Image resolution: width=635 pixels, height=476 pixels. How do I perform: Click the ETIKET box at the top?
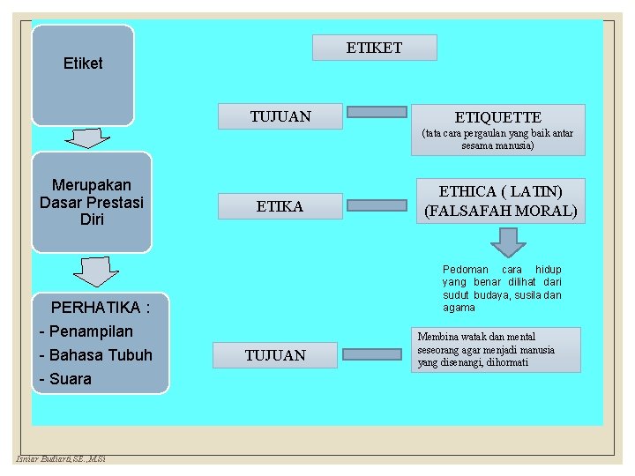click(374, 48)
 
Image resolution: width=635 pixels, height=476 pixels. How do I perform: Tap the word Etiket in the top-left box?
click(83, 63)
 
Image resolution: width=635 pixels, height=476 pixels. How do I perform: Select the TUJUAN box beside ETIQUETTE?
click(280, 115)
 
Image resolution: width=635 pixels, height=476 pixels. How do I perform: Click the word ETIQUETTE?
click(497, 117)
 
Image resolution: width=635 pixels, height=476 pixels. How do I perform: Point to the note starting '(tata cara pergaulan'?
click(497, 139)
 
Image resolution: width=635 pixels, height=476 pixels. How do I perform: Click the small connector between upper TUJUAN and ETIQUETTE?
click(376, 112)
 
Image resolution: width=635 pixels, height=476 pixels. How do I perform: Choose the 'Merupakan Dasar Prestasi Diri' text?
click(92, 202)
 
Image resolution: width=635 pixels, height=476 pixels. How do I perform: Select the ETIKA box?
click(280, 206)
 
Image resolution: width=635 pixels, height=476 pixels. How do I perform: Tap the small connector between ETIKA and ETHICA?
click(376, 205)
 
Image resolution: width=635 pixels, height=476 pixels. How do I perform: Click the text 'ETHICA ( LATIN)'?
click(500, 191)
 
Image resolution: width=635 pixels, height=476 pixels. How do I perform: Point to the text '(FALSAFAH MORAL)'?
click(500, 212)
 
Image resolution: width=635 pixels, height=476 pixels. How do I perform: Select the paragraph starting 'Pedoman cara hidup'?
click(501, 288)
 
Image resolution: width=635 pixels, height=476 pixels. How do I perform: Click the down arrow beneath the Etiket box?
click(86, 138)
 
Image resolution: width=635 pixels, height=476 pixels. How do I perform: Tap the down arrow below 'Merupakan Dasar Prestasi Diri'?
click(95, 271)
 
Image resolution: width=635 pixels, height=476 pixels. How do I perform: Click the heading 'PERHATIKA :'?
click(101, 308)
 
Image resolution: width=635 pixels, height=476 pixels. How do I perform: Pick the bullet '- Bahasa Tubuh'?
click(96, 355)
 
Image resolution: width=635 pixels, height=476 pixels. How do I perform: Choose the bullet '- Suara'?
click(65, 379)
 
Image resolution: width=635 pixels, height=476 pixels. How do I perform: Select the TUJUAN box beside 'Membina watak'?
click(275, 355)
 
